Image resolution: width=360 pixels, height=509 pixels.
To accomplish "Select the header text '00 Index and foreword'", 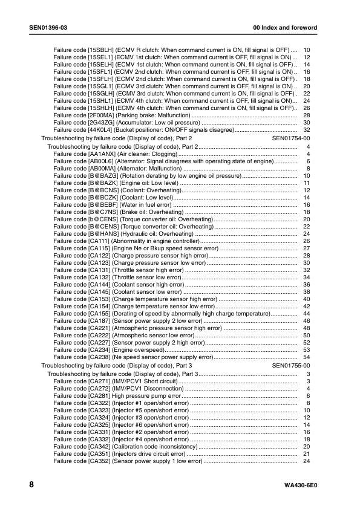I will click(293, 29).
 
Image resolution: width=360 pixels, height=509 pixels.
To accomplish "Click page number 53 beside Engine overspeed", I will click(306, 350).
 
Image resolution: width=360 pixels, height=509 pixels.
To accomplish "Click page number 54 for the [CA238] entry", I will click(306, 357).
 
